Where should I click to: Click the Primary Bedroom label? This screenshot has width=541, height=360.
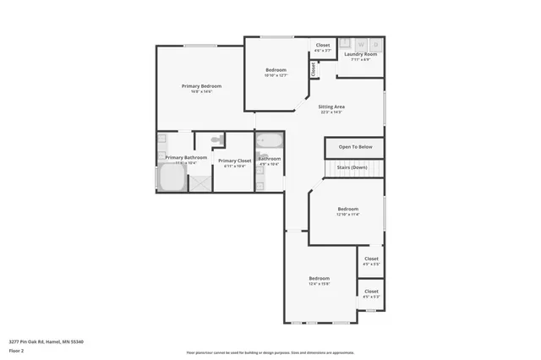click(200, 86)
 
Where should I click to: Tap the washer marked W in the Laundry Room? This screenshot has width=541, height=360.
click(361, 44)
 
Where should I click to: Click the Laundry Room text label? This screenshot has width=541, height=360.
click(360, 55)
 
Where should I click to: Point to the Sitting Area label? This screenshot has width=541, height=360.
click(331, 107)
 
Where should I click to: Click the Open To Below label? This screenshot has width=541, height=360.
click(354, 147)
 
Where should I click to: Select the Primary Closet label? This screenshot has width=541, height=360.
click(234, 161)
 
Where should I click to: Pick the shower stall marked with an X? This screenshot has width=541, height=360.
click(200, 180)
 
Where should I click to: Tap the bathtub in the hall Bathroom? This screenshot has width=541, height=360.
click(270, 140)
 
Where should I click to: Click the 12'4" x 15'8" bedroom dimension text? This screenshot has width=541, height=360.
click(319, 284)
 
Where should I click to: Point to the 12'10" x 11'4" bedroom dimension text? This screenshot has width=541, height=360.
click(347, 215)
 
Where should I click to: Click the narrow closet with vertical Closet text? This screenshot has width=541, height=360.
click(313, 70)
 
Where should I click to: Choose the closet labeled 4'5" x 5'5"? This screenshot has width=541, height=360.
click(371, 261)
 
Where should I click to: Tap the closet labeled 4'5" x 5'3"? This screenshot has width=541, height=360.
click(371, 293)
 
